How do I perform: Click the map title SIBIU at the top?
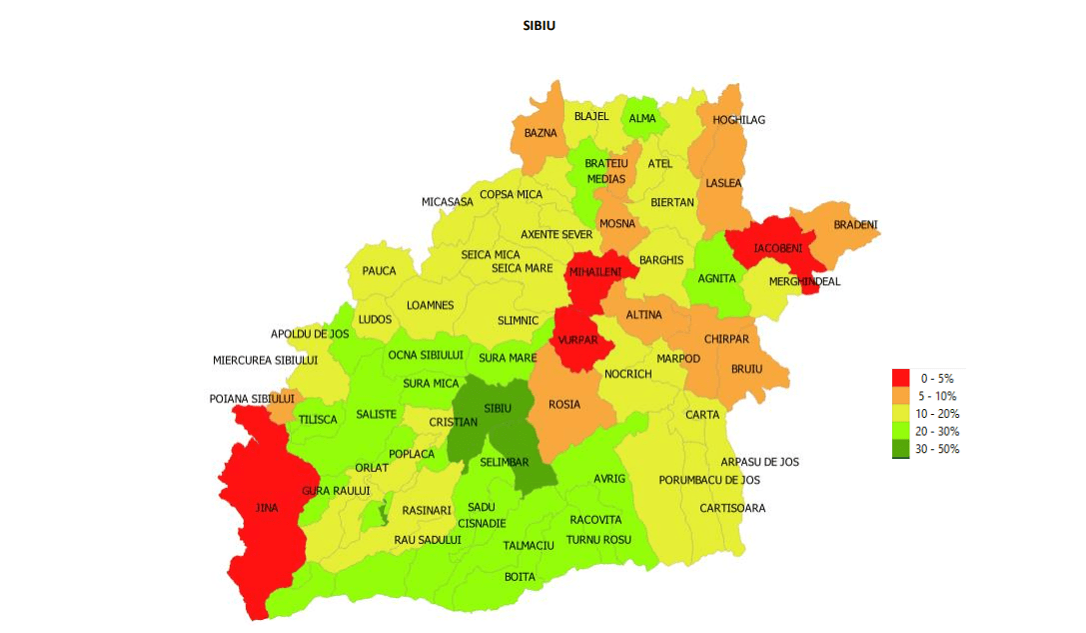tap(539, 25)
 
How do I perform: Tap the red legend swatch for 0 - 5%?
tap(900, 378)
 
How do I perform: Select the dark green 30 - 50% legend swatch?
tap(900, 449)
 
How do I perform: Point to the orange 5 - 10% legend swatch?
tap(900, 396)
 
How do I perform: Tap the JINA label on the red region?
tap(267, 508)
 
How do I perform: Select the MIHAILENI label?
tap(595, 272)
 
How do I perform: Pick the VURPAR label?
tap(577, 340)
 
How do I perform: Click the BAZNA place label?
tap(541, 133)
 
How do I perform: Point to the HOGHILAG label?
tap(738, 120)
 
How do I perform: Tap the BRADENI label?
tap(855, 225)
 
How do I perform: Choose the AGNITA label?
tap(716, 279)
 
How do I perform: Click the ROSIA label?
tap(564, 405)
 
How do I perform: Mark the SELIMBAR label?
tap(505, 462)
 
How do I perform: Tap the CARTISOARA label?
tap(732, 508)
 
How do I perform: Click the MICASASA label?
tap(447, 202)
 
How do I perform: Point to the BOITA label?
tap(520, 577)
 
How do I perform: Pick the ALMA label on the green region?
tap(642, 119)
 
